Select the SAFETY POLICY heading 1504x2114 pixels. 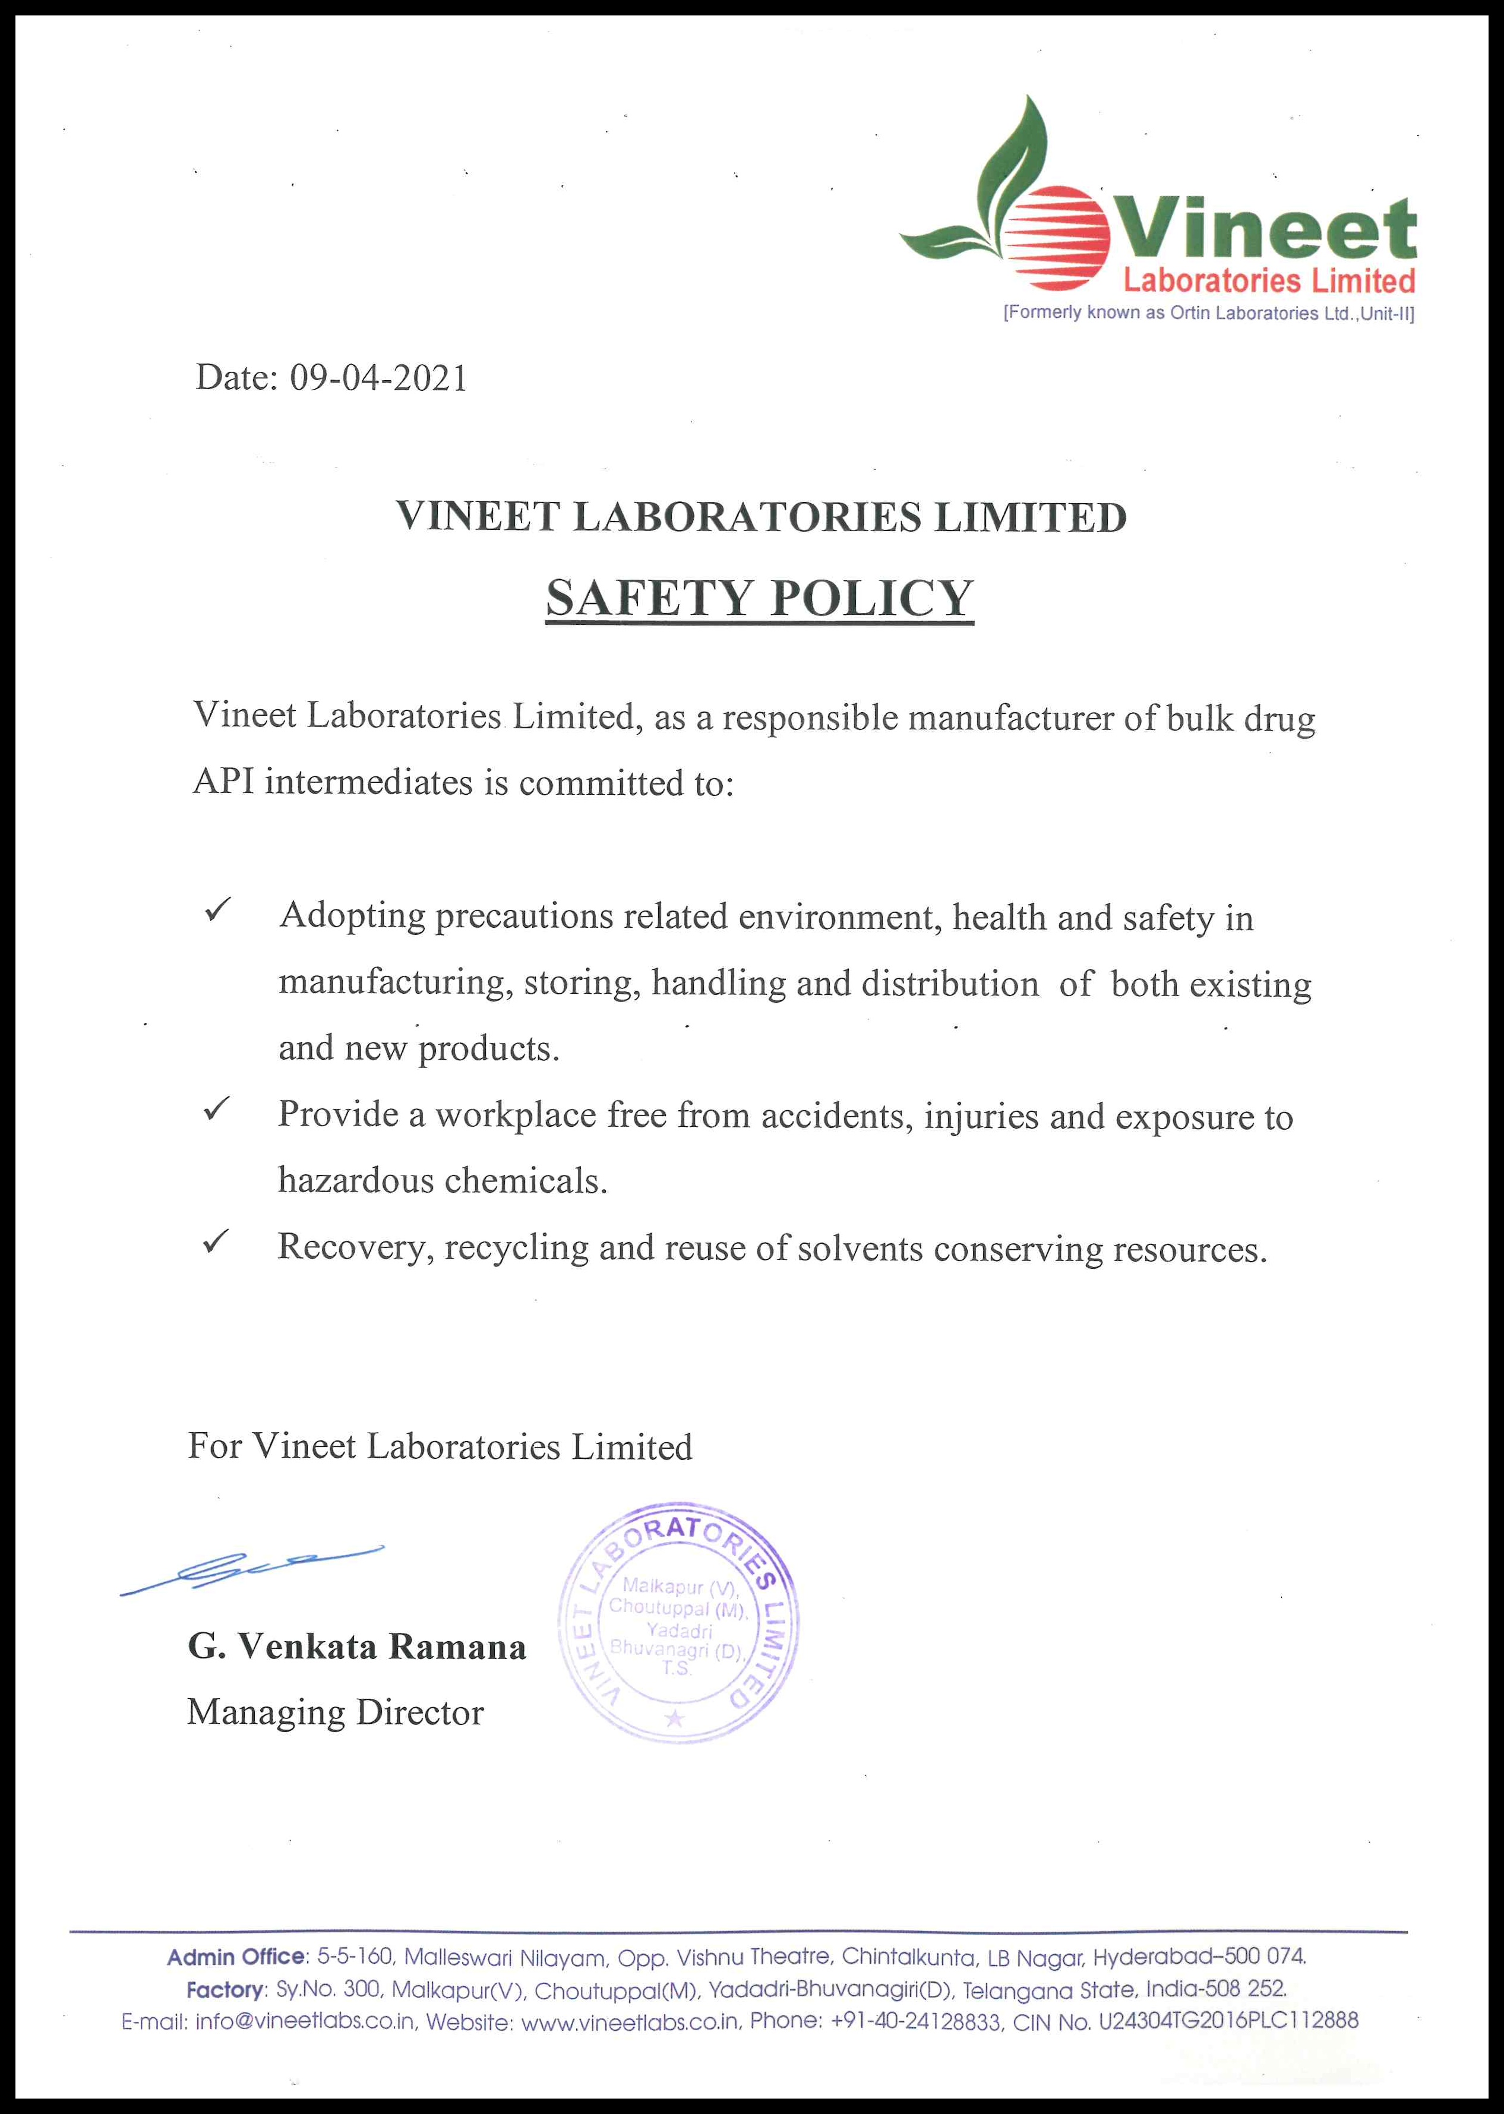759,598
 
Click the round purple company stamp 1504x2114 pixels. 678,1622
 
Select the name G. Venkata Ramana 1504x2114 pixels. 356,1647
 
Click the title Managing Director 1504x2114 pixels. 335,1712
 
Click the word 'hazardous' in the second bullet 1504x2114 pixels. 356,1181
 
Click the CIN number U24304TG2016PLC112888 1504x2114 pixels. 1228,2021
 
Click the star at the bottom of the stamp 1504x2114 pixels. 675,1720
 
